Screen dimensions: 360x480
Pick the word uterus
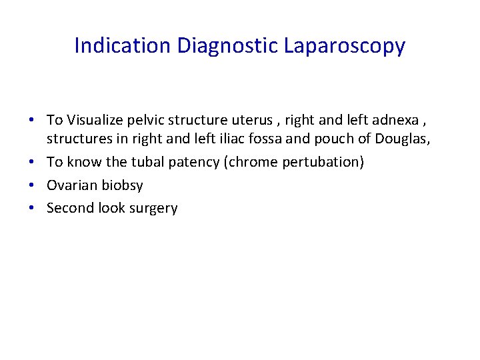click(x=251, y=120)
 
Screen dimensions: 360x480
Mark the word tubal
click(x=150, y=163)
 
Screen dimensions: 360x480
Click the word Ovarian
click(x=70, y=185)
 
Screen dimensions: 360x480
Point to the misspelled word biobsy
click(x=121, y=185)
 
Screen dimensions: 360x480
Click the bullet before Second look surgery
click(x=33, y=208)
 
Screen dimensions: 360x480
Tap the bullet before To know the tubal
click(x=33, y=162)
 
